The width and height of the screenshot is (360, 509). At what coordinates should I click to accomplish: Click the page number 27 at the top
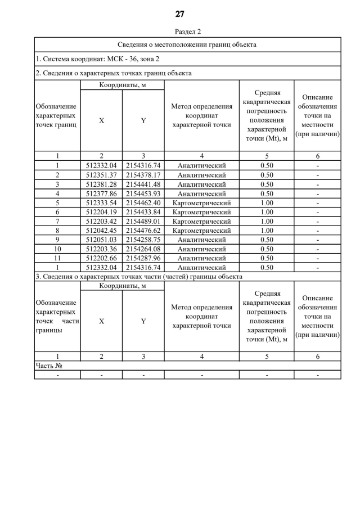click(180, 13)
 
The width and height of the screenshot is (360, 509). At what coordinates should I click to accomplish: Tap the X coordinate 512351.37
click(101, 175)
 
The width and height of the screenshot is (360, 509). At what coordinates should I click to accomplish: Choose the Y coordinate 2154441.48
click(143, 184)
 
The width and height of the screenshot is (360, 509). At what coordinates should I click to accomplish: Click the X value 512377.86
click(101, 193)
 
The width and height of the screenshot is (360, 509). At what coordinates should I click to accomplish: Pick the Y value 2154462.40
click(143, 203)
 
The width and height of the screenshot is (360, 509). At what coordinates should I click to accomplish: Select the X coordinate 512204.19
click(101, 212)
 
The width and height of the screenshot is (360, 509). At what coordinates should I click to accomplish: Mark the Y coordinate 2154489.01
click(143, 222)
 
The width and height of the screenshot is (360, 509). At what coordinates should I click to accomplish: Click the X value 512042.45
click(101, 231)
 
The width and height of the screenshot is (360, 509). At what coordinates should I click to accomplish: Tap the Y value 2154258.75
click(143, 240)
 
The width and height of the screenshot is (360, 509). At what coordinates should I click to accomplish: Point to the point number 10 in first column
click(57, 249)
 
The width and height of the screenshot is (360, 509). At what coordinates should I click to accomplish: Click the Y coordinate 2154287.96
click(143, 258)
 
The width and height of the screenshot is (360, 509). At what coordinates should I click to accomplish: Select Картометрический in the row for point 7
click(201, 222)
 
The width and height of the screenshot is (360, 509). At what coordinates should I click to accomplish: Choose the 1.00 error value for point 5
click(267, 203)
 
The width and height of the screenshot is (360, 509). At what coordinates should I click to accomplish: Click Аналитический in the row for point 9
click(201, 240)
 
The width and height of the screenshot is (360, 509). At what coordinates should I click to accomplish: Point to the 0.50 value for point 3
click(267, 184)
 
